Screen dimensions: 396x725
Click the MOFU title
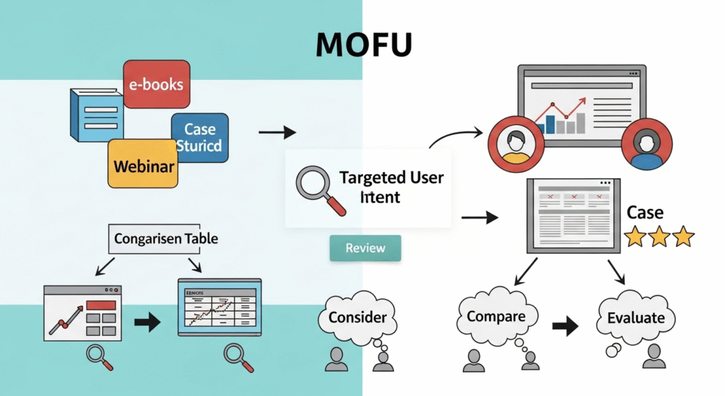pyautogui.click(x=363, y=45)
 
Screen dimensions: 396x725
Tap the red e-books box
pyautogui.click(x=155, y=84)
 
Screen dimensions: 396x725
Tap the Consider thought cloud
pyautogui.click(x=357, y=317)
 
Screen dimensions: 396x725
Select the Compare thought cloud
pyautogui.click(x=495, y=317)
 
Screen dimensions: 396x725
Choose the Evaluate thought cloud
pyautogui.click(x=635, y=317)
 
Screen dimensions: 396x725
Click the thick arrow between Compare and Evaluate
pyautogui.click(x=565, y=326)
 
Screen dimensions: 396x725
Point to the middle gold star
pyautogui.click(x=660, y=236)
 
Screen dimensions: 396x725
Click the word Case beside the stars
pyautogui.click(x=645, y=213)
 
